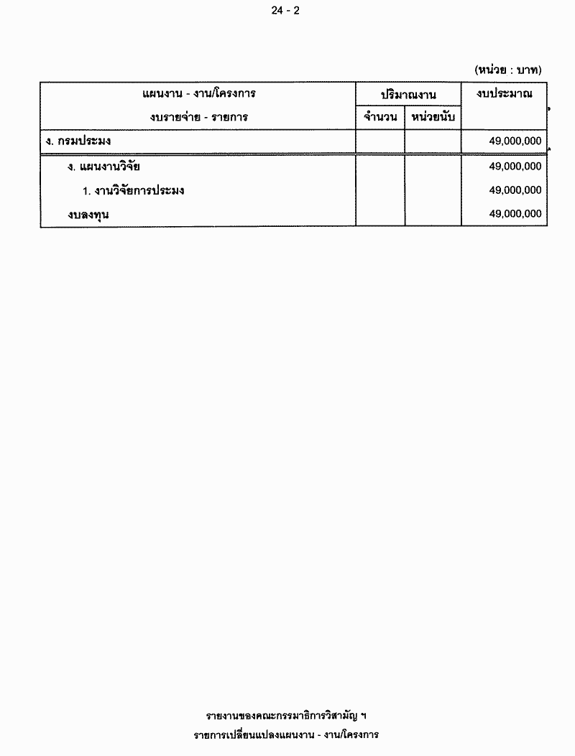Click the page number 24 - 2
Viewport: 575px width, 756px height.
(286, 10)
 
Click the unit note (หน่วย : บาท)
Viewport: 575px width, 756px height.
(508, 70)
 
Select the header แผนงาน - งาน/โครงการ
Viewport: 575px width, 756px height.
(199, 94)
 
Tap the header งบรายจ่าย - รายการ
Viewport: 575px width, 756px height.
(199, 117)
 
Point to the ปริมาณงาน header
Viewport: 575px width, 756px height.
(408, 95)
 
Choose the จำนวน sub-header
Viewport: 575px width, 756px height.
(380, 117)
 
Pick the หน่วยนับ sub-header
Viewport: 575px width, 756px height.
(433, 117)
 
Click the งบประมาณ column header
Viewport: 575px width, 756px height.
(504, 94)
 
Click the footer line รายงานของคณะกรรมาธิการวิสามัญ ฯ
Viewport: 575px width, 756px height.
(286, 716)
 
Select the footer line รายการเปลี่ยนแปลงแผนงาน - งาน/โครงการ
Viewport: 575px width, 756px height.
(286, 735)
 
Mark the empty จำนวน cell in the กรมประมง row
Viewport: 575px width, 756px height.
(380, 141)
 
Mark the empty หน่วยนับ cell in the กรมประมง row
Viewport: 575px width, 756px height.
(433, 141)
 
